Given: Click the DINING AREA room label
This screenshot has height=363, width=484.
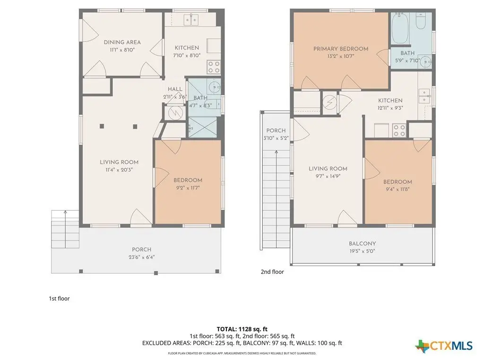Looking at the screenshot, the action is [x=122, y=42].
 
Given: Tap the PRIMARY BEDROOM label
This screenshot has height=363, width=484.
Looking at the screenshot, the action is [x=341, y=49].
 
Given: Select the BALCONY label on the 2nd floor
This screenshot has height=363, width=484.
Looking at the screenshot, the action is [x=363, y=243].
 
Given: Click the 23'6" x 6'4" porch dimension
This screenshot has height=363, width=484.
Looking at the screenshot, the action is [x=142, y=257].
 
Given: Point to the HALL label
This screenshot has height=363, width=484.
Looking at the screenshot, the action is [x=175, y=89].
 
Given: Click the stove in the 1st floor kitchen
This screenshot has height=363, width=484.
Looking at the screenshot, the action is [x=214, y=67].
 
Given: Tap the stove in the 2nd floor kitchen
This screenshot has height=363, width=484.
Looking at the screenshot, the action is [x=399, y=130].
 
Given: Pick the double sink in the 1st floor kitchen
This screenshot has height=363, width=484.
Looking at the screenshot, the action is [x=191, y=20].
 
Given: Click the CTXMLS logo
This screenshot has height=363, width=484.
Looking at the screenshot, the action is [x=444, y=346].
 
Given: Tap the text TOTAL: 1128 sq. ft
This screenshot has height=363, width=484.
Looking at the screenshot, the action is [x=242, y=329].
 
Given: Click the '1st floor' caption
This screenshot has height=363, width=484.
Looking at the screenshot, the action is [x=59, y=299].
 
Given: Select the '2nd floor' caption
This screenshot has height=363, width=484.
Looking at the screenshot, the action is [x=272, y=272].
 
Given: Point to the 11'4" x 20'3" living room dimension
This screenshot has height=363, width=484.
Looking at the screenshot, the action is [x=119, y=170].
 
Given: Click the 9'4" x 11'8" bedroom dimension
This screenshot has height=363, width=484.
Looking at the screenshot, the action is [x=398, y=190].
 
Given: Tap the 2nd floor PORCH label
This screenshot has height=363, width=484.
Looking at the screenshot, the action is [x=276, y=130].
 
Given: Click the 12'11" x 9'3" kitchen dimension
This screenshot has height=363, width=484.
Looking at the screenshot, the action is [x=390, y=108].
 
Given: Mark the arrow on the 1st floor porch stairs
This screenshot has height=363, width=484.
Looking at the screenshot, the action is [x=65, y=229].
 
